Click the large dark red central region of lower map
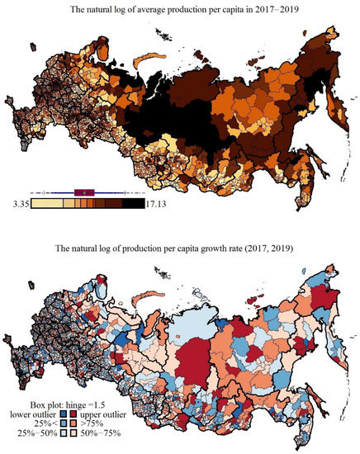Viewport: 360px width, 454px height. pyautogui.click(x=188, y=359)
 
